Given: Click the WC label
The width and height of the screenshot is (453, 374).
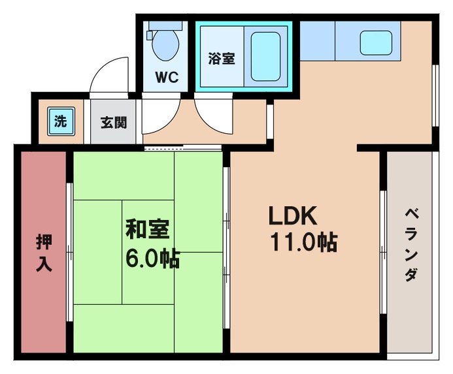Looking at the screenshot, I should pyautogui.click(x=167, y=77).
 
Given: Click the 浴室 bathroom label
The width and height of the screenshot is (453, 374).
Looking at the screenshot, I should pyautogui.click(x=222, y=58).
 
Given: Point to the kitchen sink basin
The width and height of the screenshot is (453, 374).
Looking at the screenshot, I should pyautogui.click(x=379, y=42).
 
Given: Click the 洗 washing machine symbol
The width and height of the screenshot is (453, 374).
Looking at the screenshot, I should pyautogui.click(x=61, y=121).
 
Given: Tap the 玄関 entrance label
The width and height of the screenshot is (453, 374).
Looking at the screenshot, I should pyautogui.click(x=113, y=122).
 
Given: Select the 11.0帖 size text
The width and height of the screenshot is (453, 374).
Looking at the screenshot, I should pyautogui.click(x=304, y=243).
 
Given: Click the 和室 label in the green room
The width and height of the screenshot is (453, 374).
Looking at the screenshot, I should pyautogui.click(x=148, y=230).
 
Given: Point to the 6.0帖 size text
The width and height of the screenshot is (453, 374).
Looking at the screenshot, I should pyautogui.click(x=152, y=258).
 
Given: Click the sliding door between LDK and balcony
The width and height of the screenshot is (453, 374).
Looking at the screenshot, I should pyautogui.click(x=383, y=248).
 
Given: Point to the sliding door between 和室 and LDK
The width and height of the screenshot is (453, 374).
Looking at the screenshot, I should pyautogui.click(x=226, y=248).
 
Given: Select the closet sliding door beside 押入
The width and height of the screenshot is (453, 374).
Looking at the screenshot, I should pyautogui.click(x=69, y=251).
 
